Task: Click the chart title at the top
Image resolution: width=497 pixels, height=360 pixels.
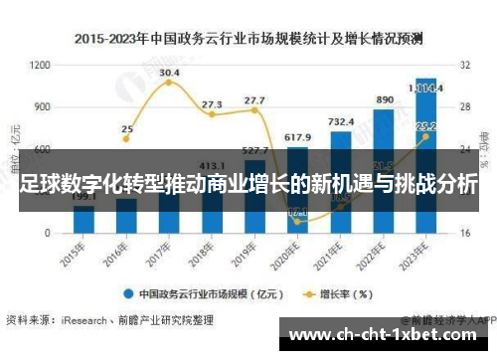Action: click(x=248, y=39)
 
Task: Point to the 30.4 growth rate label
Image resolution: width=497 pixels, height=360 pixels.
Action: click(x=169, y=73)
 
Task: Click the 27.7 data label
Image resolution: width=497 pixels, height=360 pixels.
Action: click(x=254, y=100)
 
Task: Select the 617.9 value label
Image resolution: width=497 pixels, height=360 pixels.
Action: click(x=297, y=136)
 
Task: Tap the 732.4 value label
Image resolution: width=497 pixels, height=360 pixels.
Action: click(x=340, y=120)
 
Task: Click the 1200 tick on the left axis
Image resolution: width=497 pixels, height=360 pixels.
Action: click(x=40, y=65)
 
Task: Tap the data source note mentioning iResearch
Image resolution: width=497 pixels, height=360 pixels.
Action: click(x=109, y=321)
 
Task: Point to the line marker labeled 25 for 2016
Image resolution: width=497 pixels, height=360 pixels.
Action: click(x=126, y=139)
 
